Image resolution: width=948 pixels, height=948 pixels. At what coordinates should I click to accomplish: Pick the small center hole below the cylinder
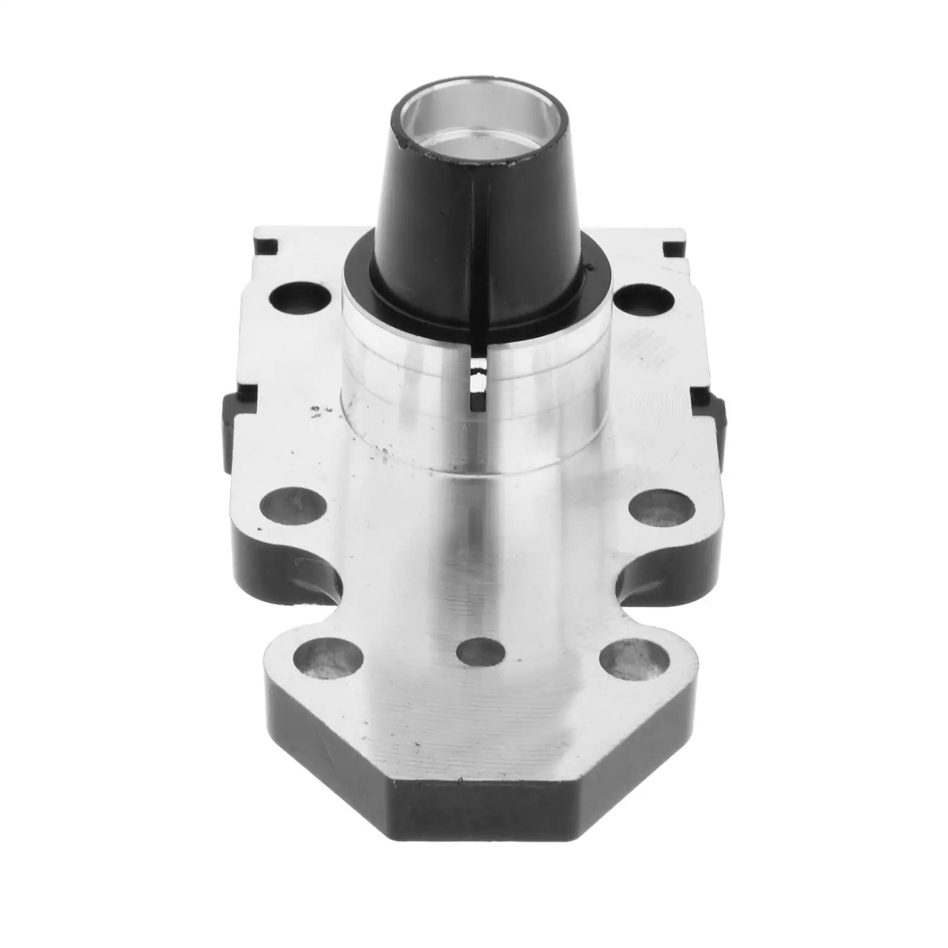481,651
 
